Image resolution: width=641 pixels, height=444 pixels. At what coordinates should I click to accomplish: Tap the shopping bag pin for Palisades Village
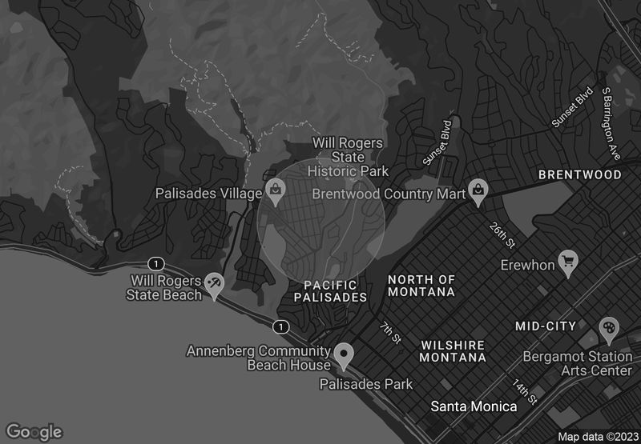(276, 190)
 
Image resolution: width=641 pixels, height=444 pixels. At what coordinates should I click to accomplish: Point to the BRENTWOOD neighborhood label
(579, 174)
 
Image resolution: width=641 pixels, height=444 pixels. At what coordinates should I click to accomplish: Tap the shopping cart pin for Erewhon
(568, 261)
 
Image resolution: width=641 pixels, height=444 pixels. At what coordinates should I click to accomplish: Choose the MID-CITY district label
(545, 326)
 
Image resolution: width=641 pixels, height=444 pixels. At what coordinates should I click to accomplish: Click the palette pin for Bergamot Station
(609, 328)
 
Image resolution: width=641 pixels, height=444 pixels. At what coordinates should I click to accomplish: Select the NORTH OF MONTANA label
(421, 286)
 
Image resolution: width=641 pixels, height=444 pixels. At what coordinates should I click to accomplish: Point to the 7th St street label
(390, 333)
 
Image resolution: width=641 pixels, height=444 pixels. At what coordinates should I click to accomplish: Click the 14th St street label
(525, 391)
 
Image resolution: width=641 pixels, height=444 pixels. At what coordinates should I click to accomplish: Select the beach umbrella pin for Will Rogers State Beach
(215, 282)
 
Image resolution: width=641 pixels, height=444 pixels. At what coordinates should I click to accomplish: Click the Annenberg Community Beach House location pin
(345, 353)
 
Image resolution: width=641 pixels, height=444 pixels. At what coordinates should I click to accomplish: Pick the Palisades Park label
(366, 384)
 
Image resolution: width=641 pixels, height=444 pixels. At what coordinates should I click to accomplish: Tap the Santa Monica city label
(474, 406)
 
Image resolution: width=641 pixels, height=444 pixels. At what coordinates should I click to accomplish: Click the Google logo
(34, 431)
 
